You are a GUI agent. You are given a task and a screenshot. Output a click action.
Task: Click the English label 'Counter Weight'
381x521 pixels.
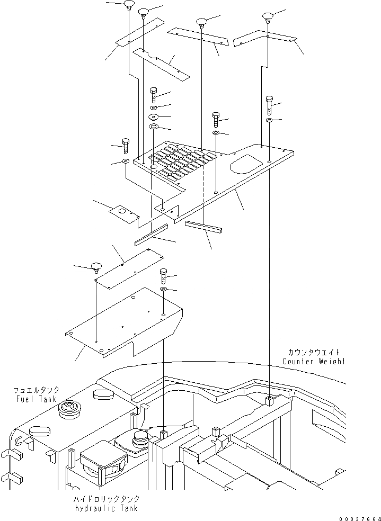coord(313,362)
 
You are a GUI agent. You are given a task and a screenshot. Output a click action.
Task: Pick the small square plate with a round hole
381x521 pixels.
coord(123,212)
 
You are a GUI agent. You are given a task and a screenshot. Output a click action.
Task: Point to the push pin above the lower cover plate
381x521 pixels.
coord(96,266)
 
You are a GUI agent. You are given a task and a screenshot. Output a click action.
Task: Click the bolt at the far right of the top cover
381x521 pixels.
coord(269,105)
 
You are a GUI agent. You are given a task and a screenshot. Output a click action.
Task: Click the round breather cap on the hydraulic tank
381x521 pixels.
coord(140,437)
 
